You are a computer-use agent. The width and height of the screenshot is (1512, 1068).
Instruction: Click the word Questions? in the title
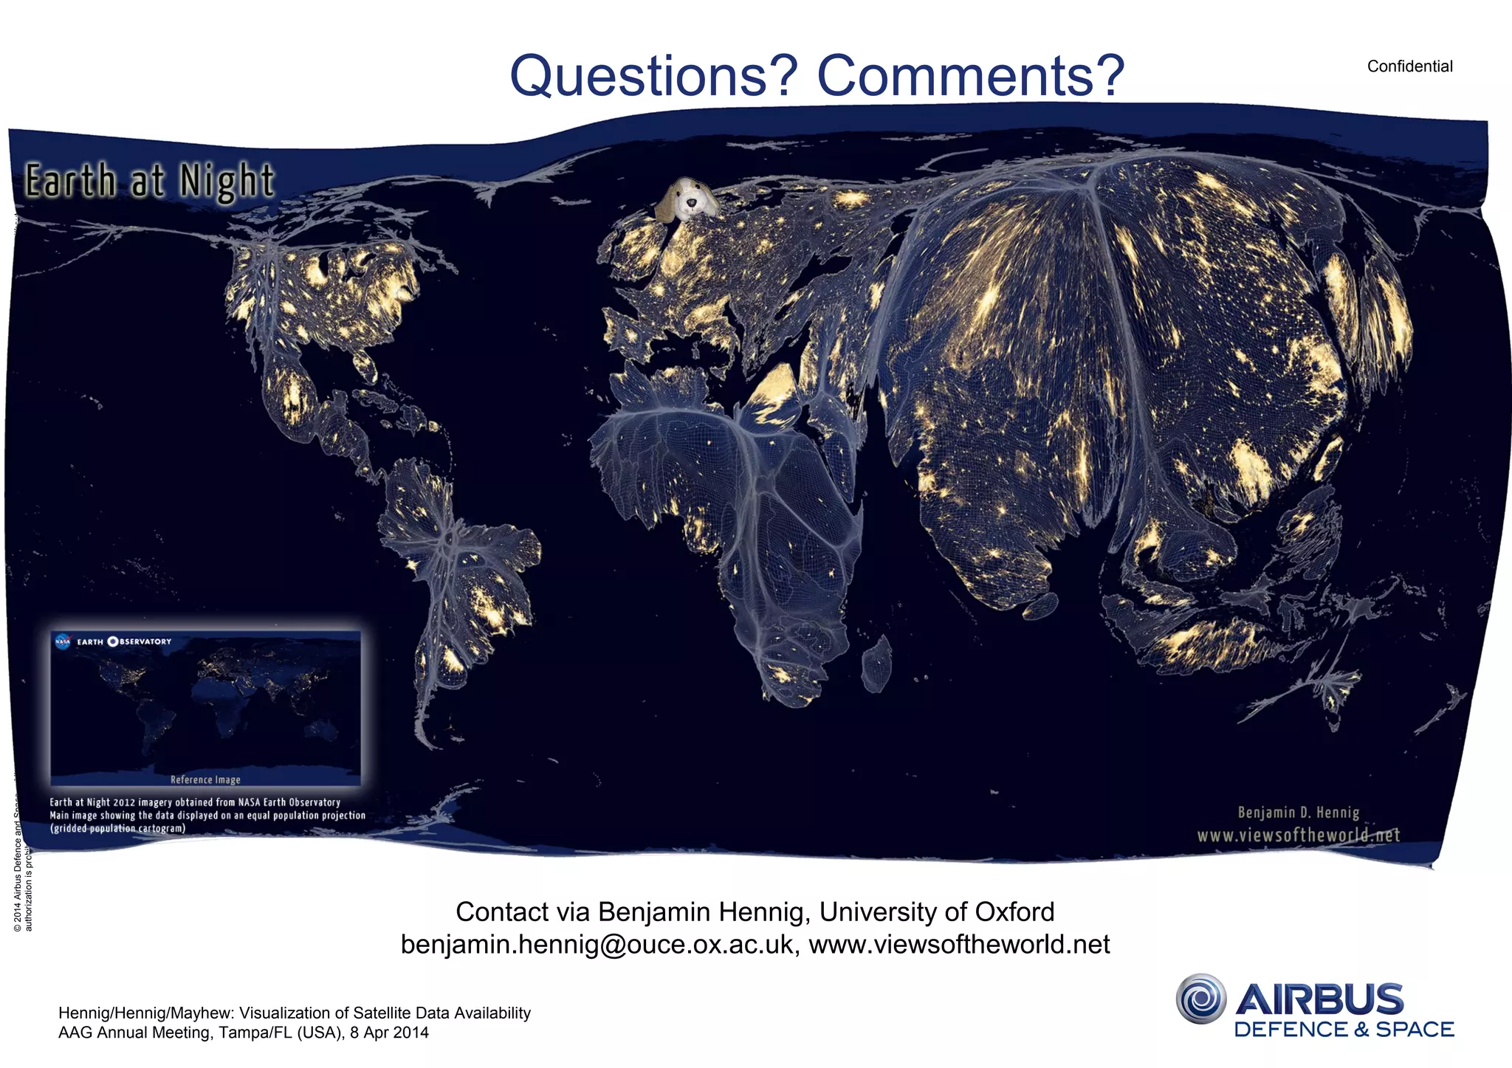pyautogui.click(x=654, y=76)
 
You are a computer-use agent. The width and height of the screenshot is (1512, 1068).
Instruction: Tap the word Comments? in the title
pyautogui.click(x=970, y=76)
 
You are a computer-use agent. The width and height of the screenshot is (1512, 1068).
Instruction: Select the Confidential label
pyautogui.click(x=1409, y=66)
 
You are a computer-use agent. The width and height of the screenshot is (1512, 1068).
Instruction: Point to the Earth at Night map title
pyautogui.click(x=150, y=182)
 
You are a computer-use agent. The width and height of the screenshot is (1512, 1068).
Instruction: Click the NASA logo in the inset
pyautogui.click(x=63, y=641)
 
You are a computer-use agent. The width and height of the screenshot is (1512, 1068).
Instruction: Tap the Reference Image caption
pyautogui.click(x=205, y=779)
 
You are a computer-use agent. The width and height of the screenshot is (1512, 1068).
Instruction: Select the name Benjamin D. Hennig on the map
pyautogui.click(x=1298, y=813)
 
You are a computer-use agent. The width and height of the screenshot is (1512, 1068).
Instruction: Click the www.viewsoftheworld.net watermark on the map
pyautogui.click(x=1298, y=836)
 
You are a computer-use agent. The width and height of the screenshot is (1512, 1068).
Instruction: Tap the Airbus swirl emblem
pyautogui.click(x=1200, y=999)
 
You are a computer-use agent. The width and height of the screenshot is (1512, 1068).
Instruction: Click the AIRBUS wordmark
pyautogui.click(x=1319, y=999)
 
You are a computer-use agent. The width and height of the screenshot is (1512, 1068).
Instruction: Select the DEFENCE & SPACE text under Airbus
pyautogui.click(x=1344, y=1030)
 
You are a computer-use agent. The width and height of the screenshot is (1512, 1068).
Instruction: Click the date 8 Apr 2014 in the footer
pyautogui.click(x=389, y=1033)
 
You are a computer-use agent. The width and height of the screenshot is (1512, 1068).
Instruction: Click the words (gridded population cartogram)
pyautogui.click(x=117, y=829)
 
